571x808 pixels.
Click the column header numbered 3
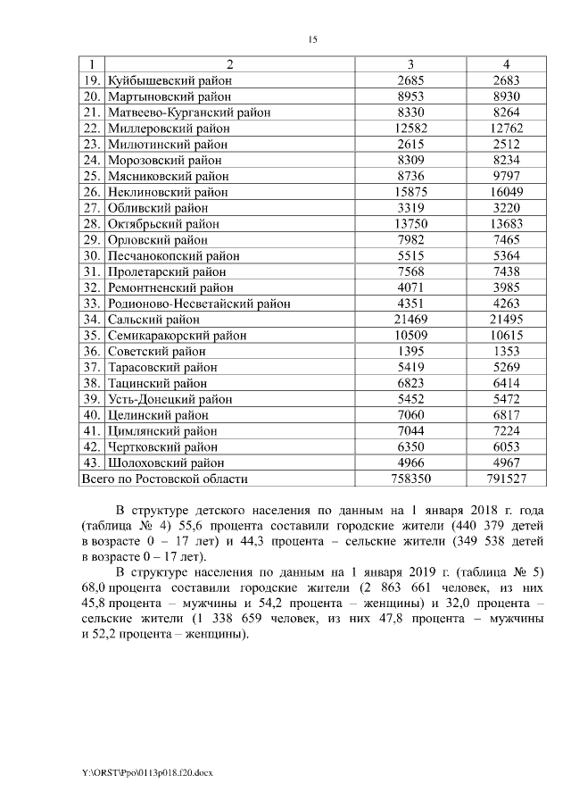click(x=410, y=65)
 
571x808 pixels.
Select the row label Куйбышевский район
click(x=169, y=80)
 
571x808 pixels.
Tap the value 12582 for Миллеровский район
click(x=410, y=129)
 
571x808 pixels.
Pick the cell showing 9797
click(x=506, y=177)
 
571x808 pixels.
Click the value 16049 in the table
click(x=506, y=193)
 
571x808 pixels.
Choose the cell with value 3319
click(x=410, y=209)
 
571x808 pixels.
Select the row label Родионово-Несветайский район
click(x=198, y=304)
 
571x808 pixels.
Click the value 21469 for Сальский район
click(x=410, y=320)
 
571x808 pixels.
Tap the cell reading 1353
click(x=506, y=352)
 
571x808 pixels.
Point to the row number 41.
click(x=90, y=431)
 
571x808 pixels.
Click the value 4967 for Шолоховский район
click(x=506, y=463)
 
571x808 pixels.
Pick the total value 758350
click(x=410, y=479)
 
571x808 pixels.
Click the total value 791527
click(x=506, y=479)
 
